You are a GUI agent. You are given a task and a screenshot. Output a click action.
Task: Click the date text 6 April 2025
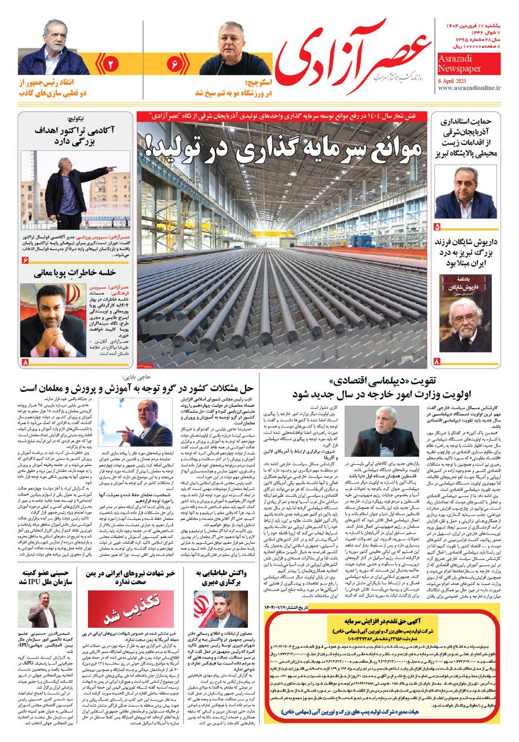point(458,80)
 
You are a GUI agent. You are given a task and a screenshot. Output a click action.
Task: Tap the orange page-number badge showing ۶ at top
point(174,63)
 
